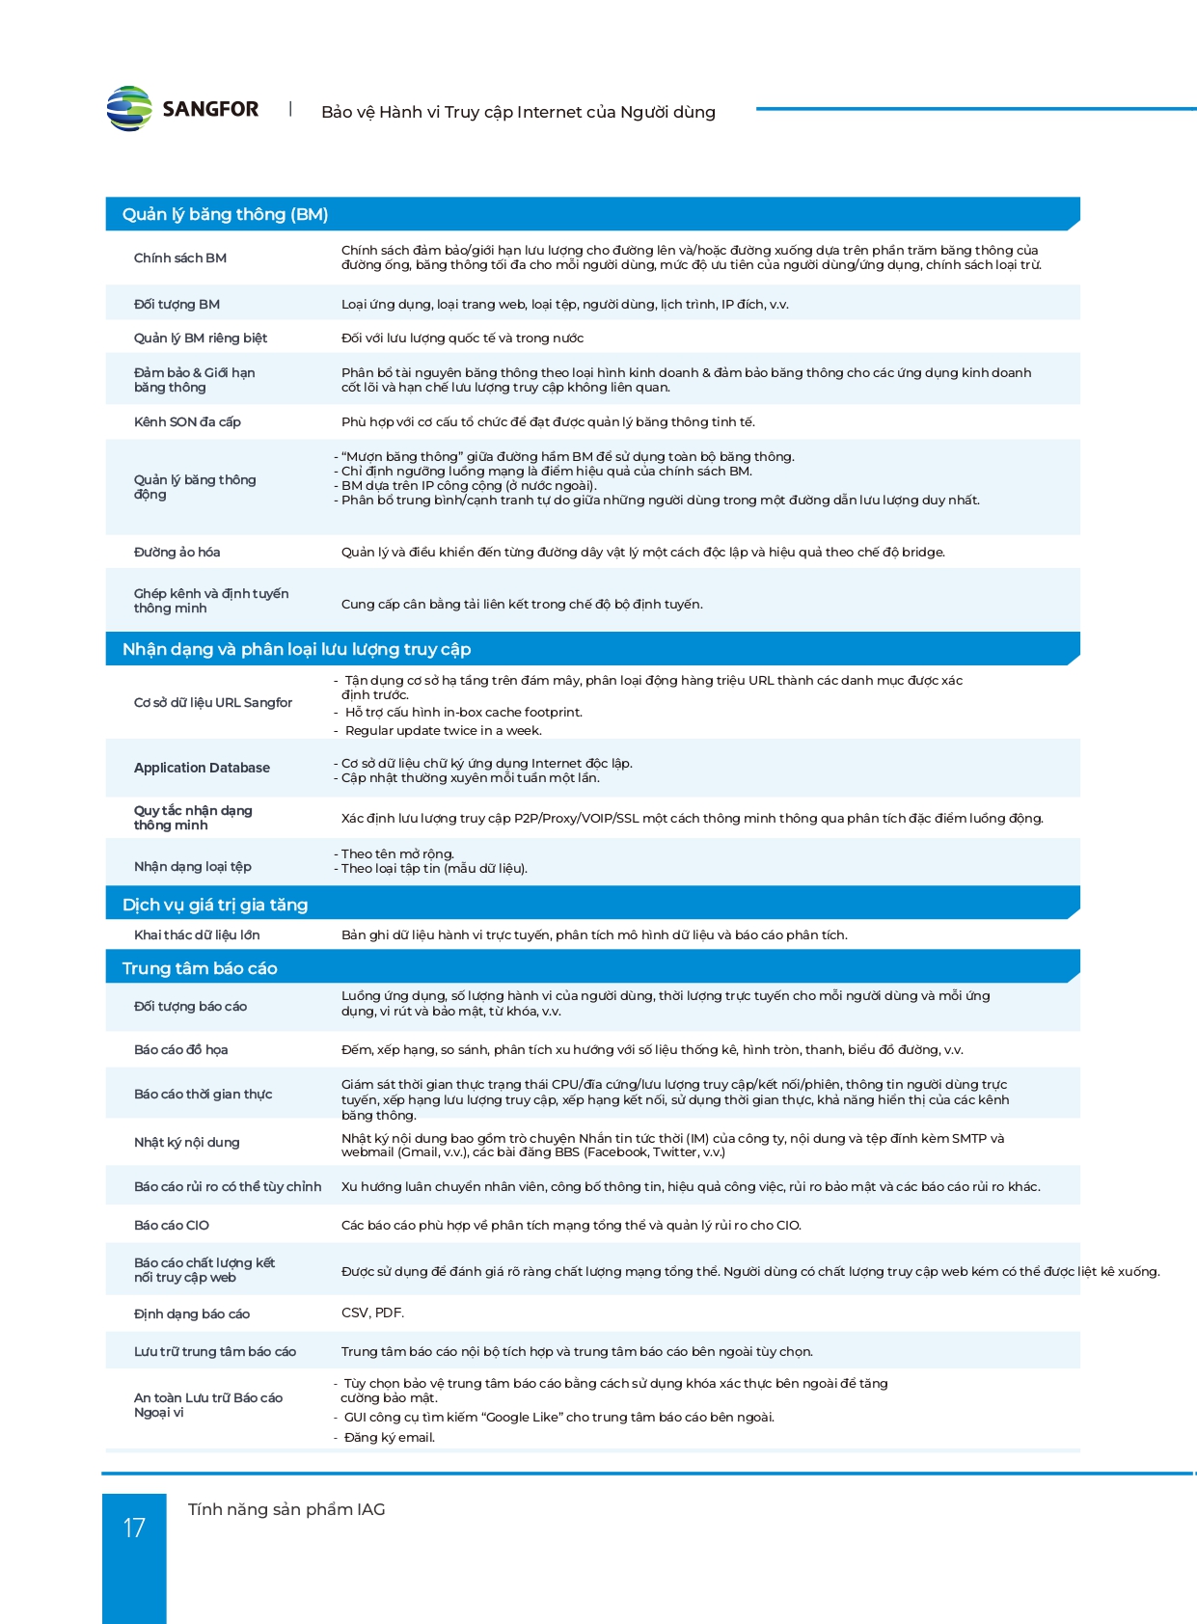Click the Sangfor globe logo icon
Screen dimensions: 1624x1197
129,109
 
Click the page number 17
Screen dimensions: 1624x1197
134,1528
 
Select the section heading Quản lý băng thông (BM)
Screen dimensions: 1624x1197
225,214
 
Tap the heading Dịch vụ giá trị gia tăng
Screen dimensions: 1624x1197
215,905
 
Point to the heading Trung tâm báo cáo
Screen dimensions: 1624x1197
200,968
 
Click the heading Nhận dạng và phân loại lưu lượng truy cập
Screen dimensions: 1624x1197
296,649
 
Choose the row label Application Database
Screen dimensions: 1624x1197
202,768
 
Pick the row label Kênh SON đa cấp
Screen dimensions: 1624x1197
187,421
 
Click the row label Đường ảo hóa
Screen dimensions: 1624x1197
177,552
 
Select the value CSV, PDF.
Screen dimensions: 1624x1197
372,1313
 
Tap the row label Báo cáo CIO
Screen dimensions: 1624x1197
172,1225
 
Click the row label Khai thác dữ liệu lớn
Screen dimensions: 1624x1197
197,934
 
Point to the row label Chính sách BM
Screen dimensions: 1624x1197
180,257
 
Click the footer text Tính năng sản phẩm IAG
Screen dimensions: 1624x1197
286,1509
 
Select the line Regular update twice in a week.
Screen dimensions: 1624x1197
443,730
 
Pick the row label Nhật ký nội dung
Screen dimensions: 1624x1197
186,1142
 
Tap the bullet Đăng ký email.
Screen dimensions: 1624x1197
389,1437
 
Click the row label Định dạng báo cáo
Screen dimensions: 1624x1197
192,1313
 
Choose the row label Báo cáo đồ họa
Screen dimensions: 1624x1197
180,1049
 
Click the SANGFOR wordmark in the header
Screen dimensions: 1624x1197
210,109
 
